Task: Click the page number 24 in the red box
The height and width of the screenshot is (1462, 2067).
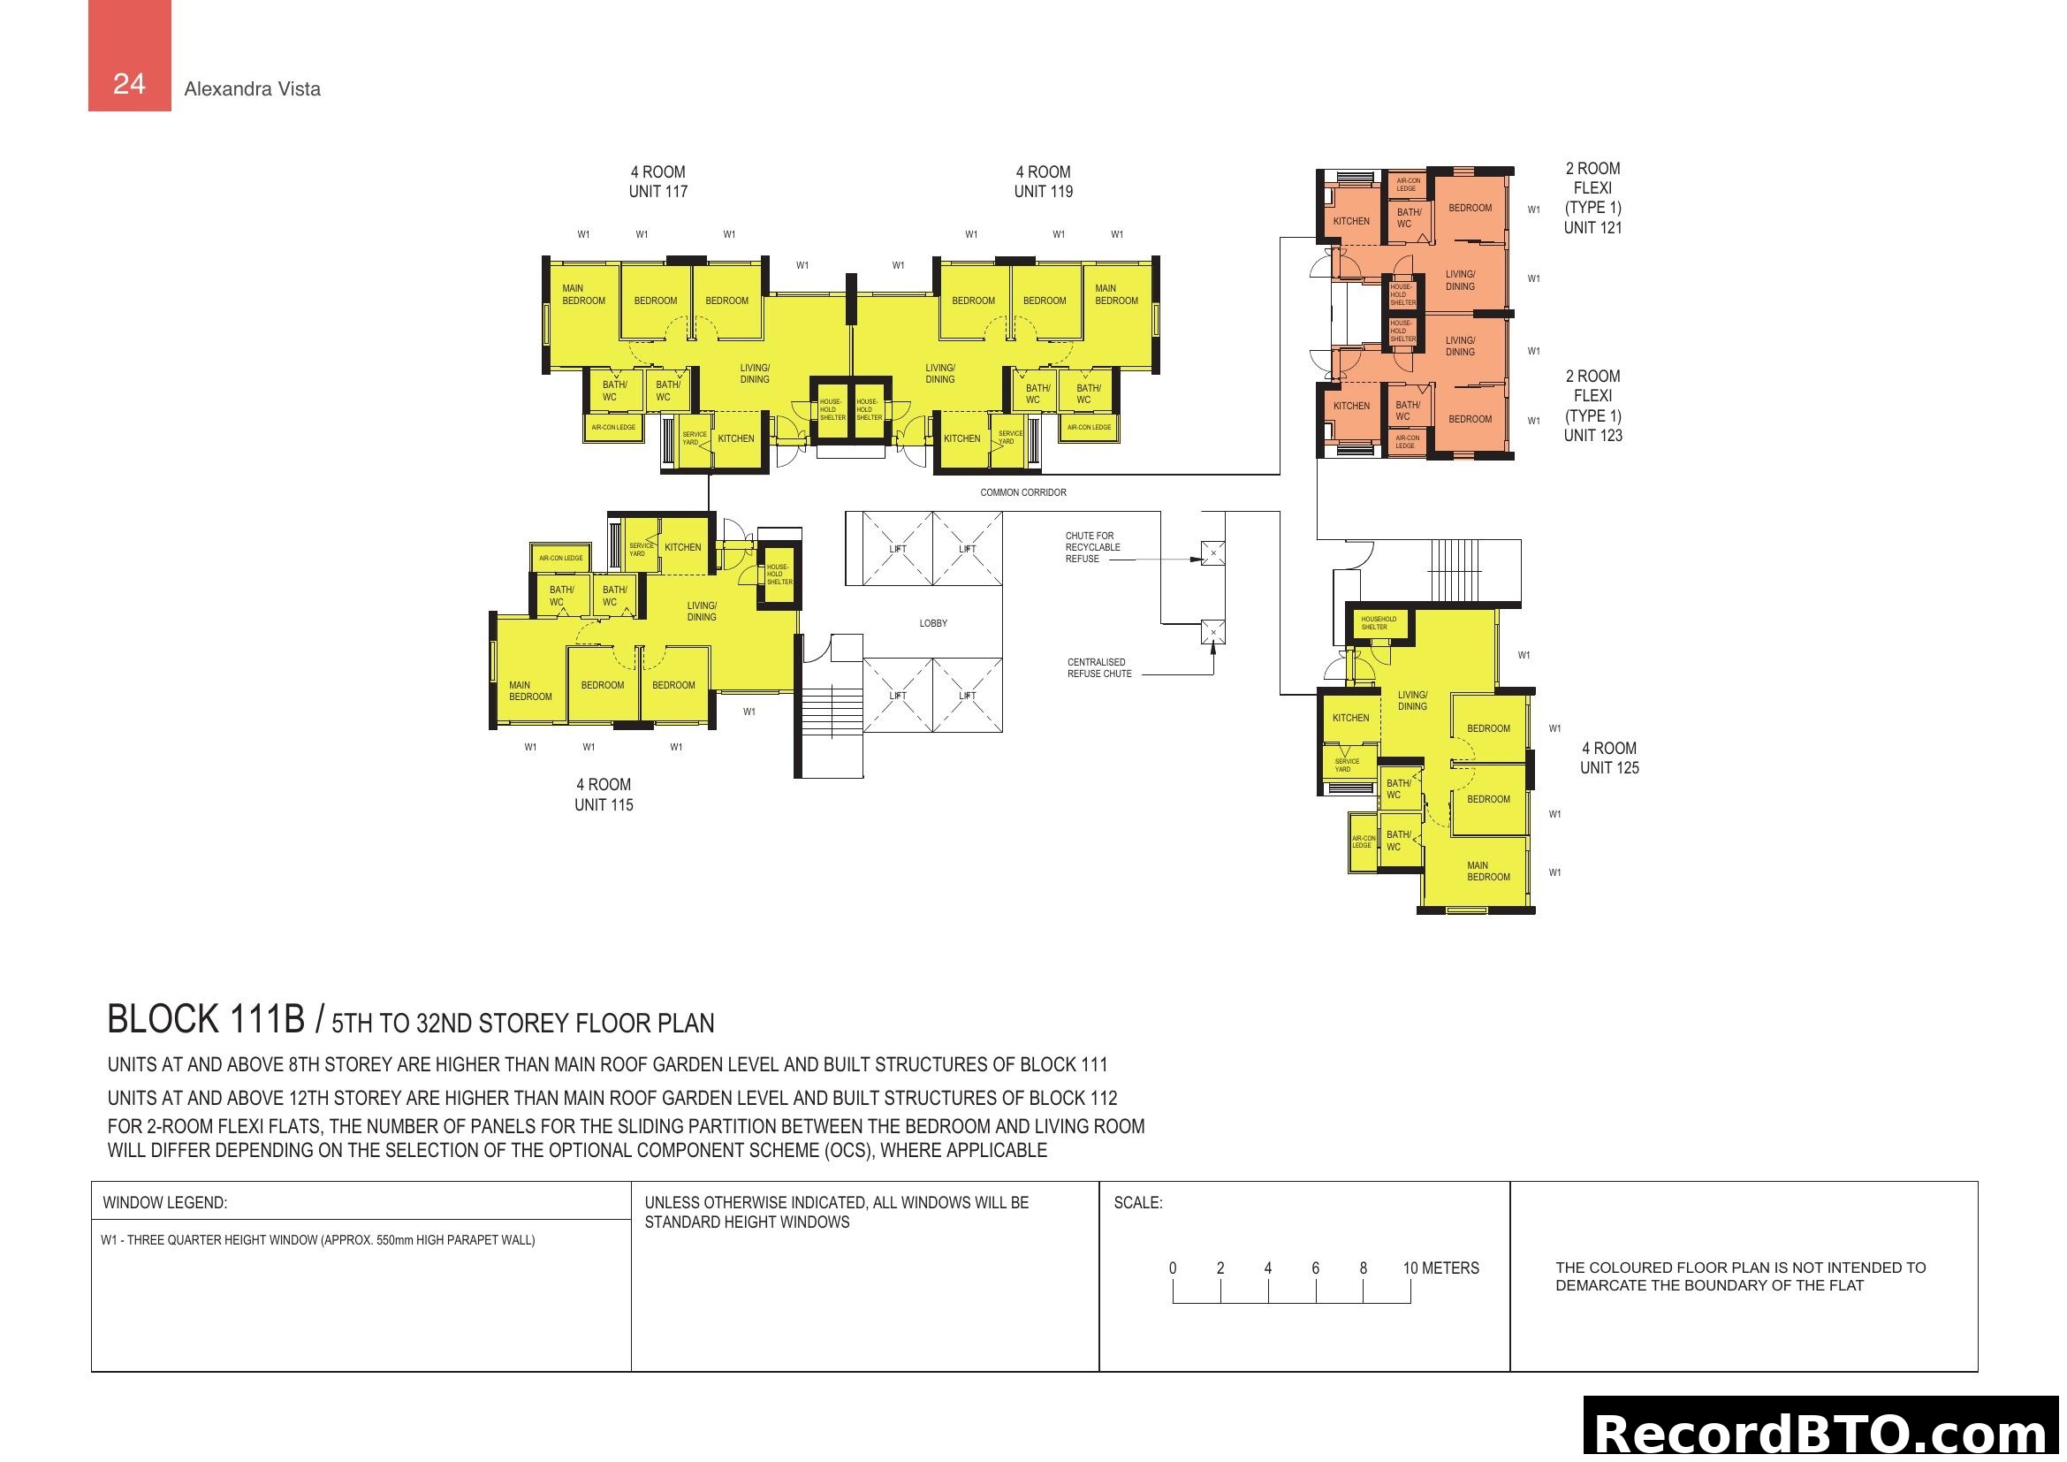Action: click(x=129, y=84)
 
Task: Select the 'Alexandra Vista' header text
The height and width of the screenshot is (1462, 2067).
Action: click(x=252, y=89)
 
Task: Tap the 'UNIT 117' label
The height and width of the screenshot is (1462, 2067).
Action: click(x=658, y=191)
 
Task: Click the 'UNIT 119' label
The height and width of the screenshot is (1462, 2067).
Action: click(x=1044, y=191)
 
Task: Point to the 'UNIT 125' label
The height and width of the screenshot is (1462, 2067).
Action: click(x=1608, y=768)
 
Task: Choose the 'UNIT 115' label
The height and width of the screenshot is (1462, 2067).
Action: click(x=604, y=805)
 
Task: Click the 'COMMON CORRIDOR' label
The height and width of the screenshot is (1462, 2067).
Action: click(x=1022, y=492)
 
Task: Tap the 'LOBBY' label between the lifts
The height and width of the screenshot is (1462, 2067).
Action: click(x=932, y=623)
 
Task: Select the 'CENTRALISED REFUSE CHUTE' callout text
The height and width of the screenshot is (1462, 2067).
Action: click(x=1098, y=668)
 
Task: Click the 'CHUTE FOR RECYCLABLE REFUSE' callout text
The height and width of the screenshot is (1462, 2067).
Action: click(x=1092, y=547)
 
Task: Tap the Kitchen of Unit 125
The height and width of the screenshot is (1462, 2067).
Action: click(x=1350, y=718)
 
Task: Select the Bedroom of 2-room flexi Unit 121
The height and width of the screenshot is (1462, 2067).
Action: click(x=1470, y=208)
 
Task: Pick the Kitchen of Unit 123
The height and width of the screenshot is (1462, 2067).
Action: click(x=1350, y=406)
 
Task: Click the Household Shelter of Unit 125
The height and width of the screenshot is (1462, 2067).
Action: click(x=1379, y=623)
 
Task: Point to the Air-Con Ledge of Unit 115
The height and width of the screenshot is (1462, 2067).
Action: click(x=561, y=558)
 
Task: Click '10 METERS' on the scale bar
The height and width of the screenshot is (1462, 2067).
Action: click(x=1440, y=1268)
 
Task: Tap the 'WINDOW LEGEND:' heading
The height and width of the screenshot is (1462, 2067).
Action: click(x=164, y=1203)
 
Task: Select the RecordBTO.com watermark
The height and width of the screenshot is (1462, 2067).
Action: click(x=1824, y=1433)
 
